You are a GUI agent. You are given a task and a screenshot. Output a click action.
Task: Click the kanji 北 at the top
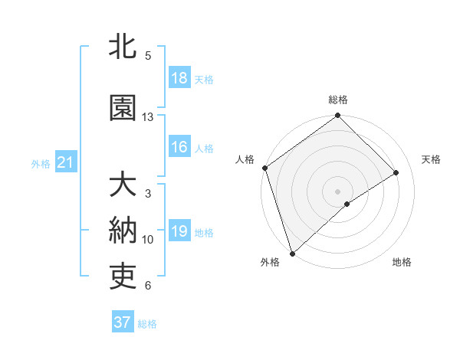pyautogui.click(x=123, y=47)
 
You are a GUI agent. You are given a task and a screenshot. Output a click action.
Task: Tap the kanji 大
pyautogui.click(x=123, y=185)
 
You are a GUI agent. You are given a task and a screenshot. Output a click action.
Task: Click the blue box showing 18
pyautogui.click(x=179, y=78)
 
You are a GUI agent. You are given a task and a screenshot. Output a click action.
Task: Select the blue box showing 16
pyautogui.click(x=179, y=148)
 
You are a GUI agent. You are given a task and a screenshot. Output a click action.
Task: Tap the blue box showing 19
pyautogui.click(x=179, y=232)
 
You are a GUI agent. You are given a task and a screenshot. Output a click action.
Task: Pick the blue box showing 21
pyautogui.click(x=65, y=162)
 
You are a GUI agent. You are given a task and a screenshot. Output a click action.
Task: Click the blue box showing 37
pyautogui.click(x=123, y=322)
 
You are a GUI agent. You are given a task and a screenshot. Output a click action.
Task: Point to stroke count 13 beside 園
pyautogui.click(x=148, y=117)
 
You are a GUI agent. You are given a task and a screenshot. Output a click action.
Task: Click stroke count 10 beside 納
pyautogui.click(x=148, y=240)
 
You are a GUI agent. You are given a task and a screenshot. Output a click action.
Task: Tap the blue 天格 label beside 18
pyautogui.click(x=204, y=79)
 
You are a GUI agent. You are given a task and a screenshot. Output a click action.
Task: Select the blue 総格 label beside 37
pyautogui.click(x=147, y=323)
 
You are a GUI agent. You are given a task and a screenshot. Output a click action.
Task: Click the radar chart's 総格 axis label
pyautogui.click(x=338, y=100)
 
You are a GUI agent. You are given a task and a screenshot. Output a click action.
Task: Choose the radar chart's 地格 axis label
pyautogui.click(x=402, y=263)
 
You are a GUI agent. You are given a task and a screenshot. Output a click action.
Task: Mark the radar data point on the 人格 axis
pyautogui.click(x=264, y=168)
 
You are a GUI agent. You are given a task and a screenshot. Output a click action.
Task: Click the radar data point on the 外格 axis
pyautogui.click(x=291, y=253)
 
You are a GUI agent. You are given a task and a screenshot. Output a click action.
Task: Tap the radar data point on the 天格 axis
pyautogui.click(x=396, y=172)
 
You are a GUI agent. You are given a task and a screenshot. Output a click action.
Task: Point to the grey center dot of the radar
pyautogui.click(x=337, y=190)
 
